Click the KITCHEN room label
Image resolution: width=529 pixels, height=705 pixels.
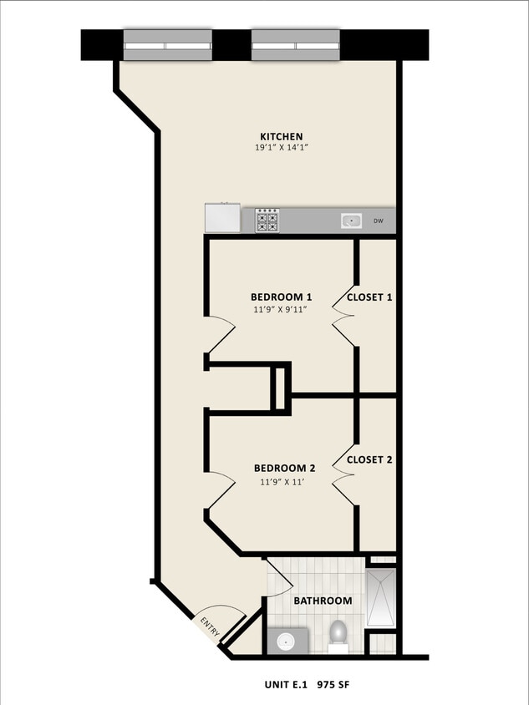click(x=281, y=137)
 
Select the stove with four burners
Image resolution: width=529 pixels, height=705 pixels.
click(x=267, y=221)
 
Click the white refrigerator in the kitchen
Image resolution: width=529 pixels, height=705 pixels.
click(x=222, y=219)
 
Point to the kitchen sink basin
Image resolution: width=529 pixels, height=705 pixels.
click(x=350, y=221)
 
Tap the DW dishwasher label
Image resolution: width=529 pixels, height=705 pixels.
click(x=379, y=221)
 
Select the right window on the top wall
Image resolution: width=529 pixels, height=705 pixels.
click(x=296, y=45)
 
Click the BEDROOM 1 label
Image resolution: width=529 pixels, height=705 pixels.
click(x=281, y=297)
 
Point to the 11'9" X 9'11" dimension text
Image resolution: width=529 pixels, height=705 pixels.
click(x=281, y=309)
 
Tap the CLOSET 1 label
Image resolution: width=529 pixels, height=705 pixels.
click(x=369, y=297)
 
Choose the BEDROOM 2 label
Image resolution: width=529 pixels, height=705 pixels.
click(x=284, y=469)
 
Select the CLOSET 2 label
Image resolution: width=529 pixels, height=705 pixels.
click(x=369, y=459)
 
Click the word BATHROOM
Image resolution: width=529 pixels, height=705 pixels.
click(x=323, y=601)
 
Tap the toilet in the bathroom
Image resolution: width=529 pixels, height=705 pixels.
click(x=338, y=635)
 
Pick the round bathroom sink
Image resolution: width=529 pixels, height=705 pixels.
click(x=286, y=642)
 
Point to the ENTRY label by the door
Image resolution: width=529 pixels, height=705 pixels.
click(x=209, y=627)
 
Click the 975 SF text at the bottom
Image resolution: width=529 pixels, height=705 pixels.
click(x=333, y=685)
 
